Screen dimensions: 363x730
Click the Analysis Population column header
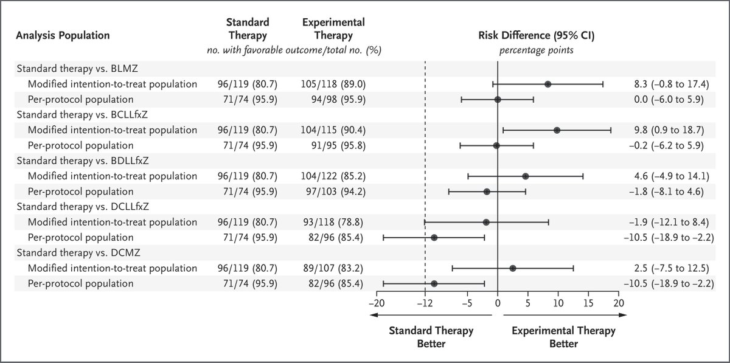(x=63, y=35)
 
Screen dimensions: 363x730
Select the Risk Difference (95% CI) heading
(x=536, y=35)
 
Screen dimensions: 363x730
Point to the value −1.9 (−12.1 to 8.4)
(x=666, y=222)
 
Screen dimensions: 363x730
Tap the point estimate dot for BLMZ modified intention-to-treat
(x=547, y=85)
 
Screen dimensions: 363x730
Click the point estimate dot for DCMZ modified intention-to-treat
(x=513, y=268)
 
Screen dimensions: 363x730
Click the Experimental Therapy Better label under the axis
(x=563, y=337)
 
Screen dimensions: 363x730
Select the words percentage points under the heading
(x=536, y=50)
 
